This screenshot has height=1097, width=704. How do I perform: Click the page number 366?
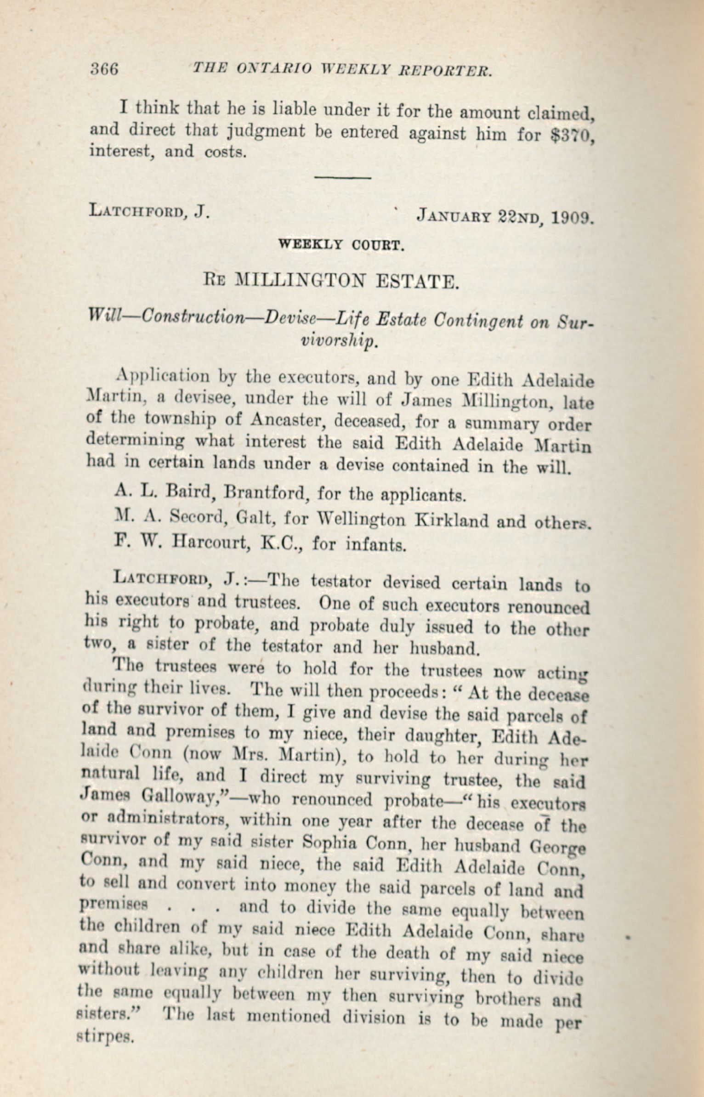click(x=104, y=69)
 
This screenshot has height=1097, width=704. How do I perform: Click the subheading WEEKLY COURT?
click(x=341, y=244)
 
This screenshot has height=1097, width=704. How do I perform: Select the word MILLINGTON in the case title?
click(x=301, y=280)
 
